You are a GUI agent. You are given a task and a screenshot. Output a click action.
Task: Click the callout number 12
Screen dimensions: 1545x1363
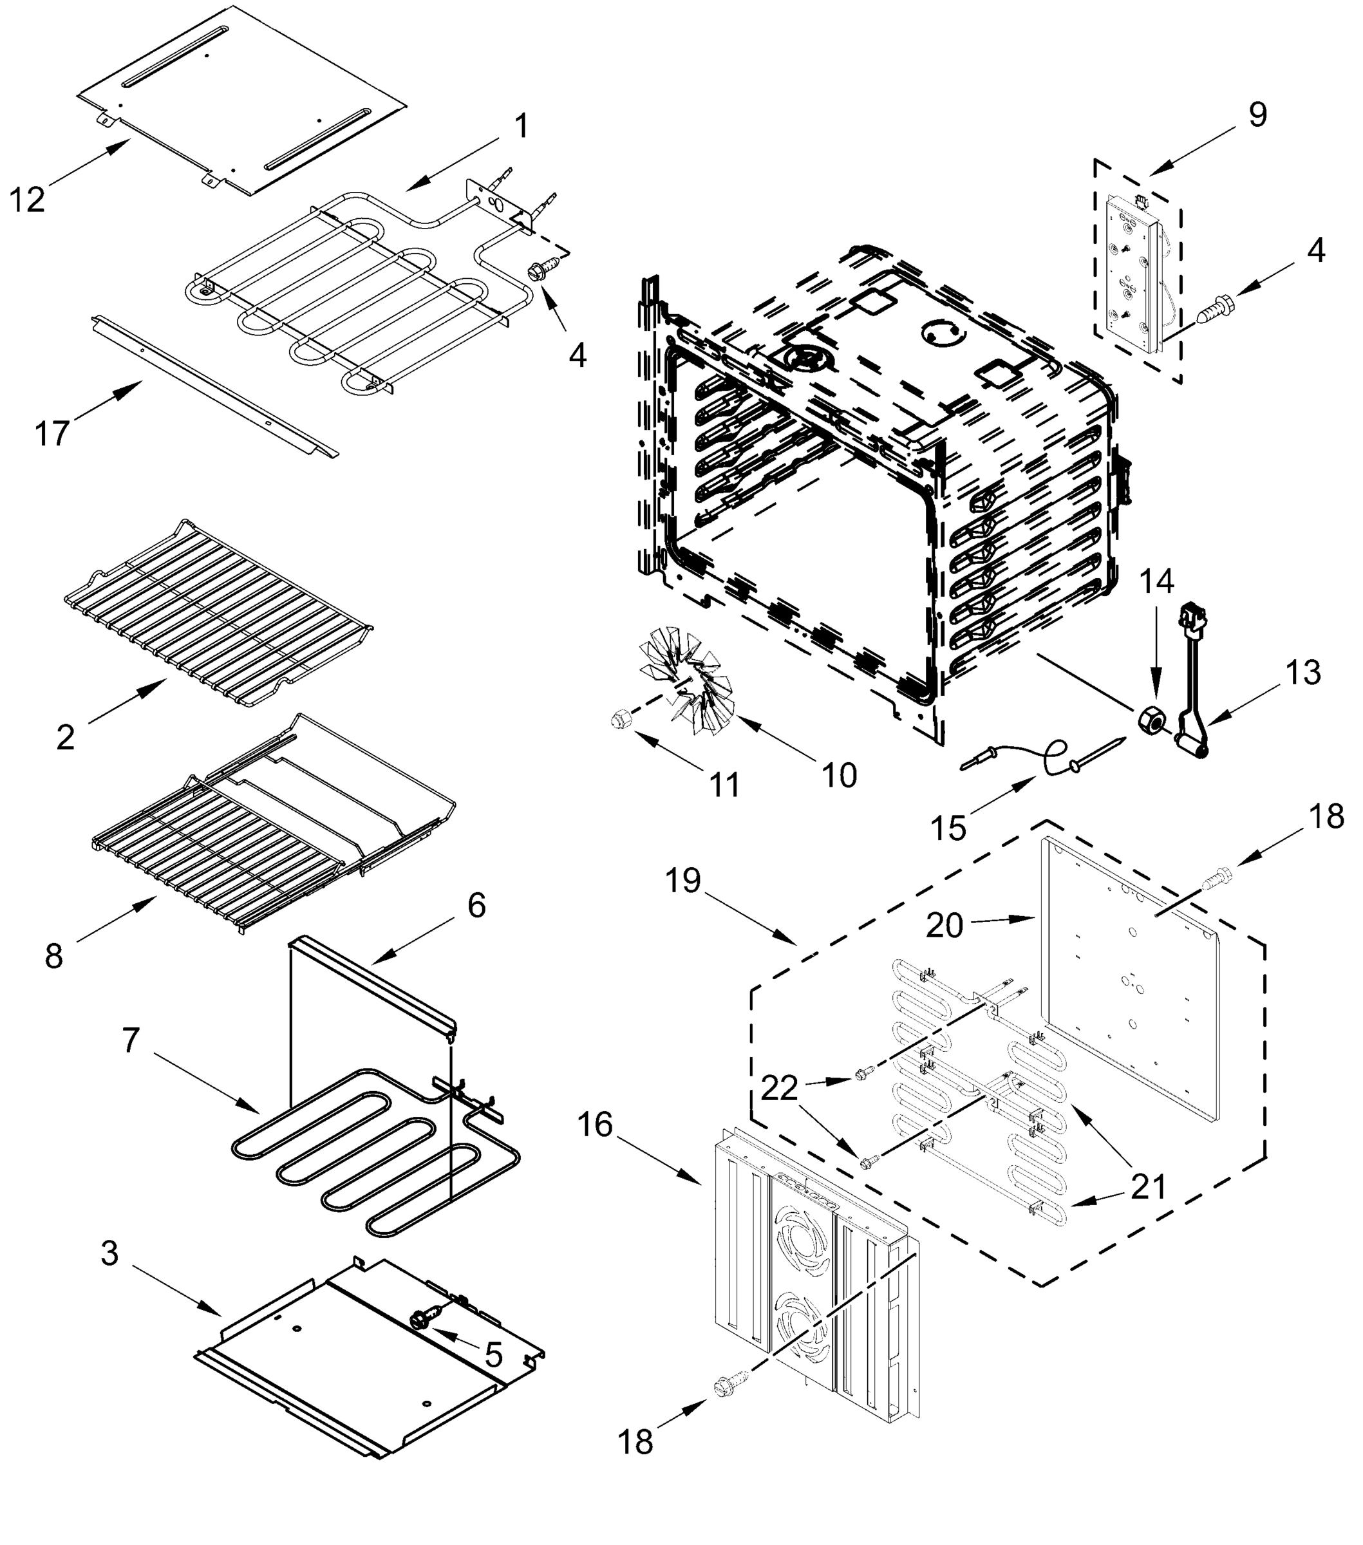click(x=27, y=200)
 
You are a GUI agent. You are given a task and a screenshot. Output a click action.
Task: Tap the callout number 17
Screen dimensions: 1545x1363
click(x=52, y=434)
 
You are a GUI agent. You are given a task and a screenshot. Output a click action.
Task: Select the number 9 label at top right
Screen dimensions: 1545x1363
click(x=1257, y=115)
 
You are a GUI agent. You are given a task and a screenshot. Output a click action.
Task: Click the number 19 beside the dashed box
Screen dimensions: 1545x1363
click(x=683, y=881)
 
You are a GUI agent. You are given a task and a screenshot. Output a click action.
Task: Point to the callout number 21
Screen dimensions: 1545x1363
click(x=1149, y=1186)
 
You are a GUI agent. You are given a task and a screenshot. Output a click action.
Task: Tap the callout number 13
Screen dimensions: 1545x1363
click(x=1303, y=672)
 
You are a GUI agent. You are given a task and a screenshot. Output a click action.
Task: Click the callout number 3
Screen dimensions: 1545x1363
click(x=109, y=1253)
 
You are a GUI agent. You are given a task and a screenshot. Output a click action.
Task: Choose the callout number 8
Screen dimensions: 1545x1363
click(x=53, y=956)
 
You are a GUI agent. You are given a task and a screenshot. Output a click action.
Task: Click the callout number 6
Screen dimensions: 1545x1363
click(x=476, y=904)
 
